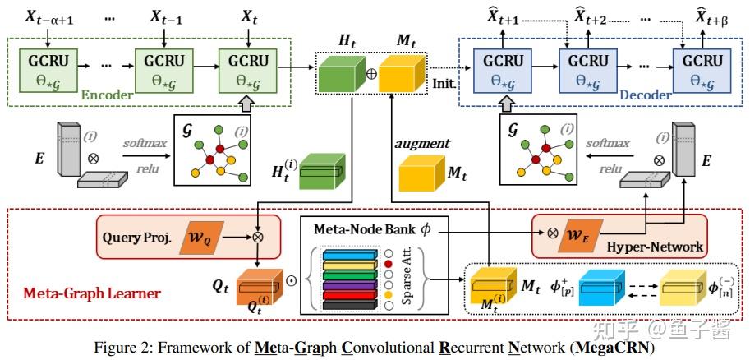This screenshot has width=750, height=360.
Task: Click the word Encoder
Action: [106, 95]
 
